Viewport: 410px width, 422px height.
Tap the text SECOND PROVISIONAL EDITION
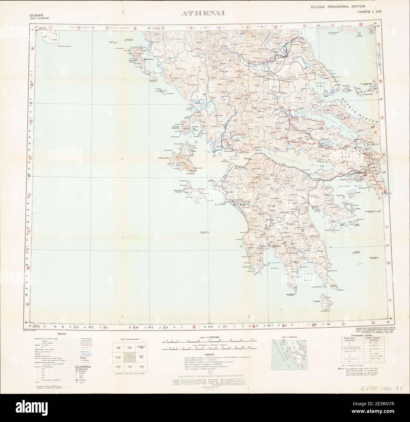coord(337,7)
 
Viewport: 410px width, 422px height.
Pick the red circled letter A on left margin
coord(32,49)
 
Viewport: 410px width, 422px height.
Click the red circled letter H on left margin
coord(28,304)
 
